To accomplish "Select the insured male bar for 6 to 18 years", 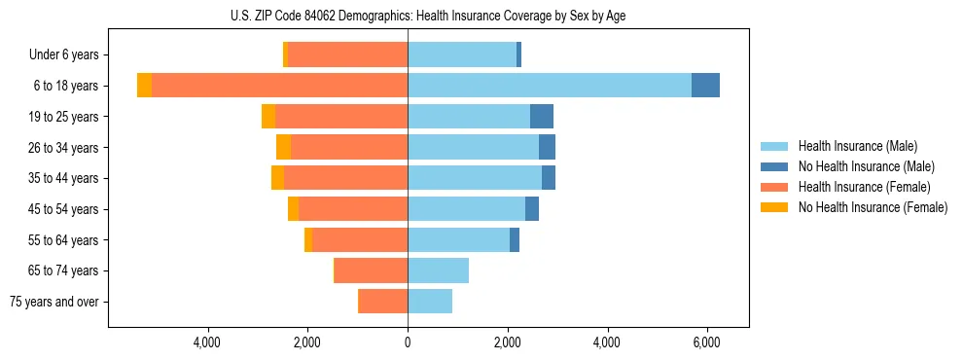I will (x=550, y=86).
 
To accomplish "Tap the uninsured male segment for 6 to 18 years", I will (x=705, y=86).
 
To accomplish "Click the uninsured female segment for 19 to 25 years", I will (x=268, y=117).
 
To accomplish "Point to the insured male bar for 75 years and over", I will (x=430, y=302).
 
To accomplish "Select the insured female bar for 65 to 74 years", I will (x=372, y=270).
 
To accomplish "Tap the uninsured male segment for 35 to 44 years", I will (x=549, y=178).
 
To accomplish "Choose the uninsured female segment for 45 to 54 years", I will (x=294, y=209).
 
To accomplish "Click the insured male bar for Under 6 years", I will (x=462, y=54).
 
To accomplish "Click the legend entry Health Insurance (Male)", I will (x=857, y=146).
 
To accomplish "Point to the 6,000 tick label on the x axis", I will (x=706, y=342).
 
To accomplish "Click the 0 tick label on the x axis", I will (x=408, y=342).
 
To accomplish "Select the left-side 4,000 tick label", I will (x=208, y=342).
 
